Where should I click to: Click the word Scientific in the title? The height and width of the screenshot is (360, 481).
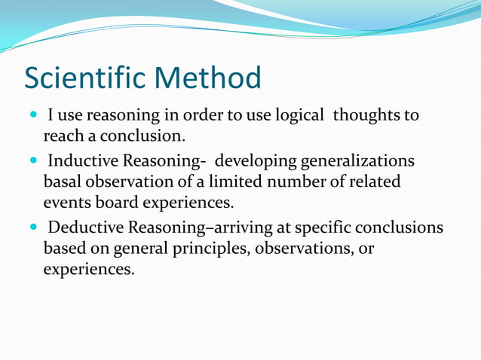[x=84, y=78]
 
